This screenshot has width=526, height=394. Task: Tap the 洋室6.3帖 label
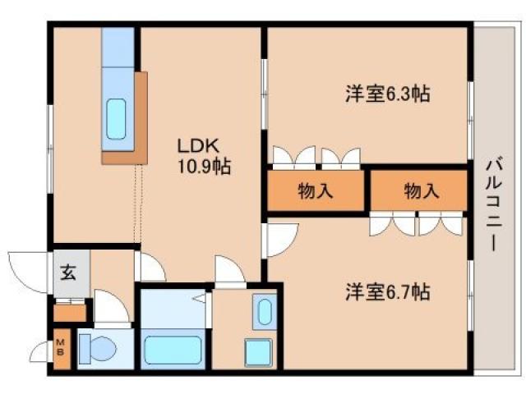point(386,94)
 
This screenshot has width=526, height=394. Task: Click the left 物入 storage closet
point(315,191)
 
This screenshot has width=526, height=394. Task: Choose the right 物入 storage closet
point(420,191)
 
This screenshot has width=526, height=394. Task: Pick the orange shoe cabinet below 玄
point(69,311)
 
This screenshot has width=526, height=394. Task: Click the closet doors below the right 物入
point(417,223)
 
